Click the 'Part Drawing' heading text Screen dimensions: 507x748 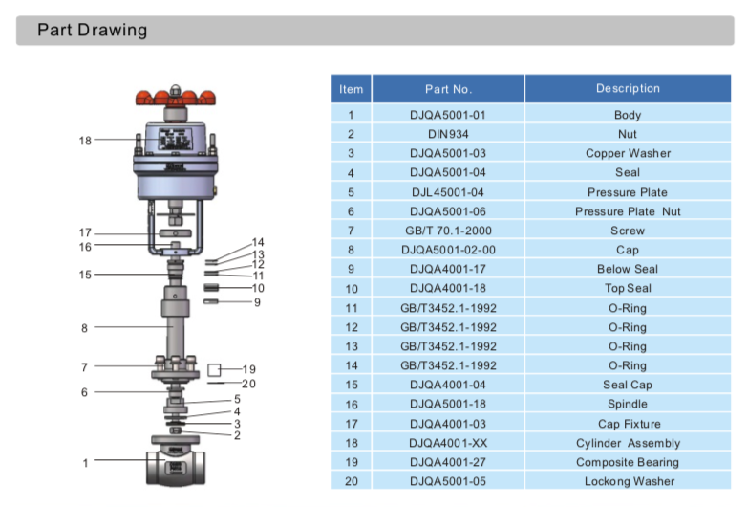(93, 30)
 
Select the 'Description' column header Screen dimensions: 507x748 (628, 89)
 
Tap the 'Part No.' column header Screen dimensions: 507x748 (448, 89)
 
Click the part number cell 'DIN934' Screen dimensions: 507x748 (448, 134)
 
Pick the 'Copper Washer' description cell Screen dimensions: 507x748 (628, 153)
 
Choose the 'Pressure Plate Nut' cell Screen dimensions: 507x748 (628, 211)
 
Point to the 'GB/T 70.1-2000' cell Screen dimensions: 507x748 (448, 231)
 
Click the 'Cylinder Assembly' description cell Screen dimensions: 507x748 (628, 443)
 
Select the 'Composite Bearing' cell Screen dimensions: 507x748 (628, 462)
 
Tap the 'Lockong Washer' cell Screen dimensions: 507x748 (628, 481)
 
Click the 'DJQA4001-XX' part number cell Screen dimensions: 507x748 (448, 443)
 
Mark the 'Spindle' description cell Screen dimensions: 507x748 (628, 404)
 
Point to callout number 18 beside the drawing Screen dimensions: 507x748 (85, 141)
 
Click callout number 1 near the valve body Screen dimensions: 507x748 (85, 463)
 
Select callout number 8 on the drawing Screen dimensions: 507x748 (85, 328)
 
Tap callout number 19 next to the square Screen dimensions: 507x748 (249, 369)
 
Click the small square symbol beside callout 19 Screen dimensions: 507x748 (215, 369)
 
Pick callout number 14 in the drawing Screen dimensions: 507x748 (258, 243)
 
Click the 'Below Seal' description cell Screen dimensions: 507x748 (628, 269)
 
